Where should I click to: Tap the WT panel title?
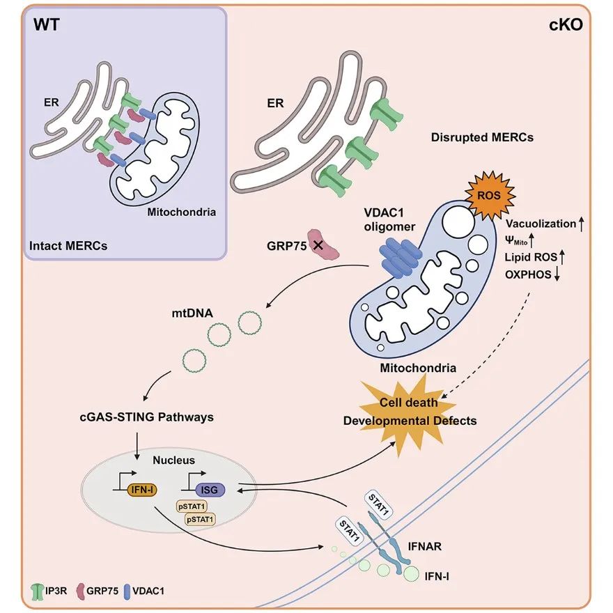tap(47, 26)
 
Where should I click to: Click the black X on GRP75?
tap(318, 245)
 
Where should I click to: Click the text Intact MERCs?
tap(68, 245)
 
